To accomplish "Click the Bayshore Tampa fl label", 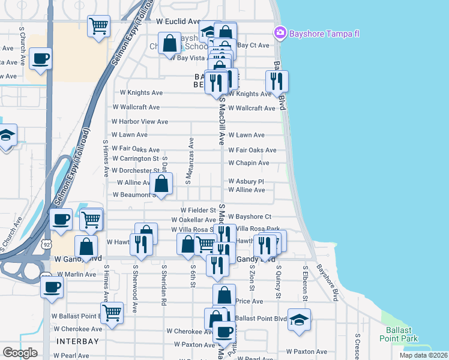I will coord(324,32).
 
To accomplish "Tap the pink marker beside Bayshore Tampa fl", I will coord(280,32).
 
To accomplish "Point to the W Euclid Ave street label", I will coord(178,21).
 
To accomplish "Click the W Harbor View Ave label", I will coord(140,122).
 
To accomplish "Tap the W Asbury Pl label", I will coord(246,181).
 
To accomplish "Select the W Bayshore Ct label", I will coord(250,217).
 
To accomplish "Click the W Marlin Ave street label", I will coord(75,274).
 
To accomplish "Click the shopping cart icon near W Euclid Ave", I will coord(98,26).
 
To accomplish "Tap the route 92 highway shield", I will coord(46,244).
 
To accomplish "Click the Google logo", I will coord(20,353).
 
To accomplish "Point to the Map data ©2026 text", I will coord(423,355).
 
